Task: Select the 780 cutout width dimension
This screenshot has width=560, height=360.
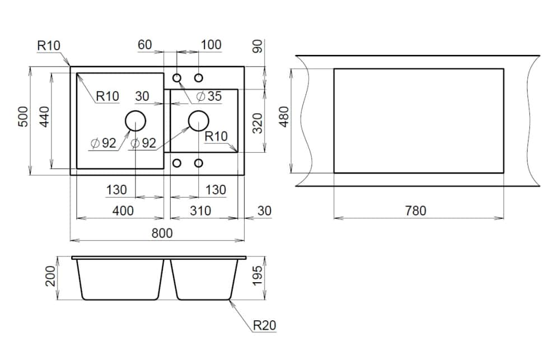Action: tap(416, 211)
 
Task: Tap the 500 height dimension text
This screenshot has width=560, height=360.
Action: tap(24, 118)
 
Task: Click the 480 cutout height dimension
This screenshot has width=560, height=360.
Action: tap(284, 117)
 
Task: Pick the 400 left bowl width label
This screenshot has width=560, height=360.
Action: tap(123, 211)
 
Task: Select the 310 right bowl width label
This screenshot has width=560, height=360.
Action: tap(200, 211)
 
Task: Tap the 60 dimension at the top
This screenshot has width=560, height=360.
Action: tap(145, 45)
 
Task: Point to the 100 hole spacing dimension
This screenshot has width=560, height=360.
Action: tap(211, 45)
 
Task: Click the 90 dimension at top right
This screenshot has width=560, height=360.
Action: tap(258, 46)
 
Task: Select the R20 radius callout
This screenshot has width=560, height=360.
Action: tap(264, 325)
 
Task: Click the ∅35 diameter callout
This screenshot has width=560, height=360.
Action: tap(209, 96)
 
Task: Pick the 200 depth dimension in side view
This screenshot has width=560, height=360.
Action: tap(50, 277)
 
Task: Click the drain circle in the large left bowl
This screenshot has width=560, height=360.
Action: tap(135, 121)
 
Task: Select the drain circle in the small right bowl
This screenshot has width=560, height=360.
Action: tap(198, 121)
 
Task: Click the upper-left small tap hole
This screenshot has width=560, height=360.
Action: tap(177, 77)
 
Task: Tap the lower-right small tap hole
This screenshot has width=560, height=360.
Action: tap(199, 163)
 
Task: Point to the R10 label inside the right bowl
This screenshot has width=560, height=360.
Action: tap(216, 136)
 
